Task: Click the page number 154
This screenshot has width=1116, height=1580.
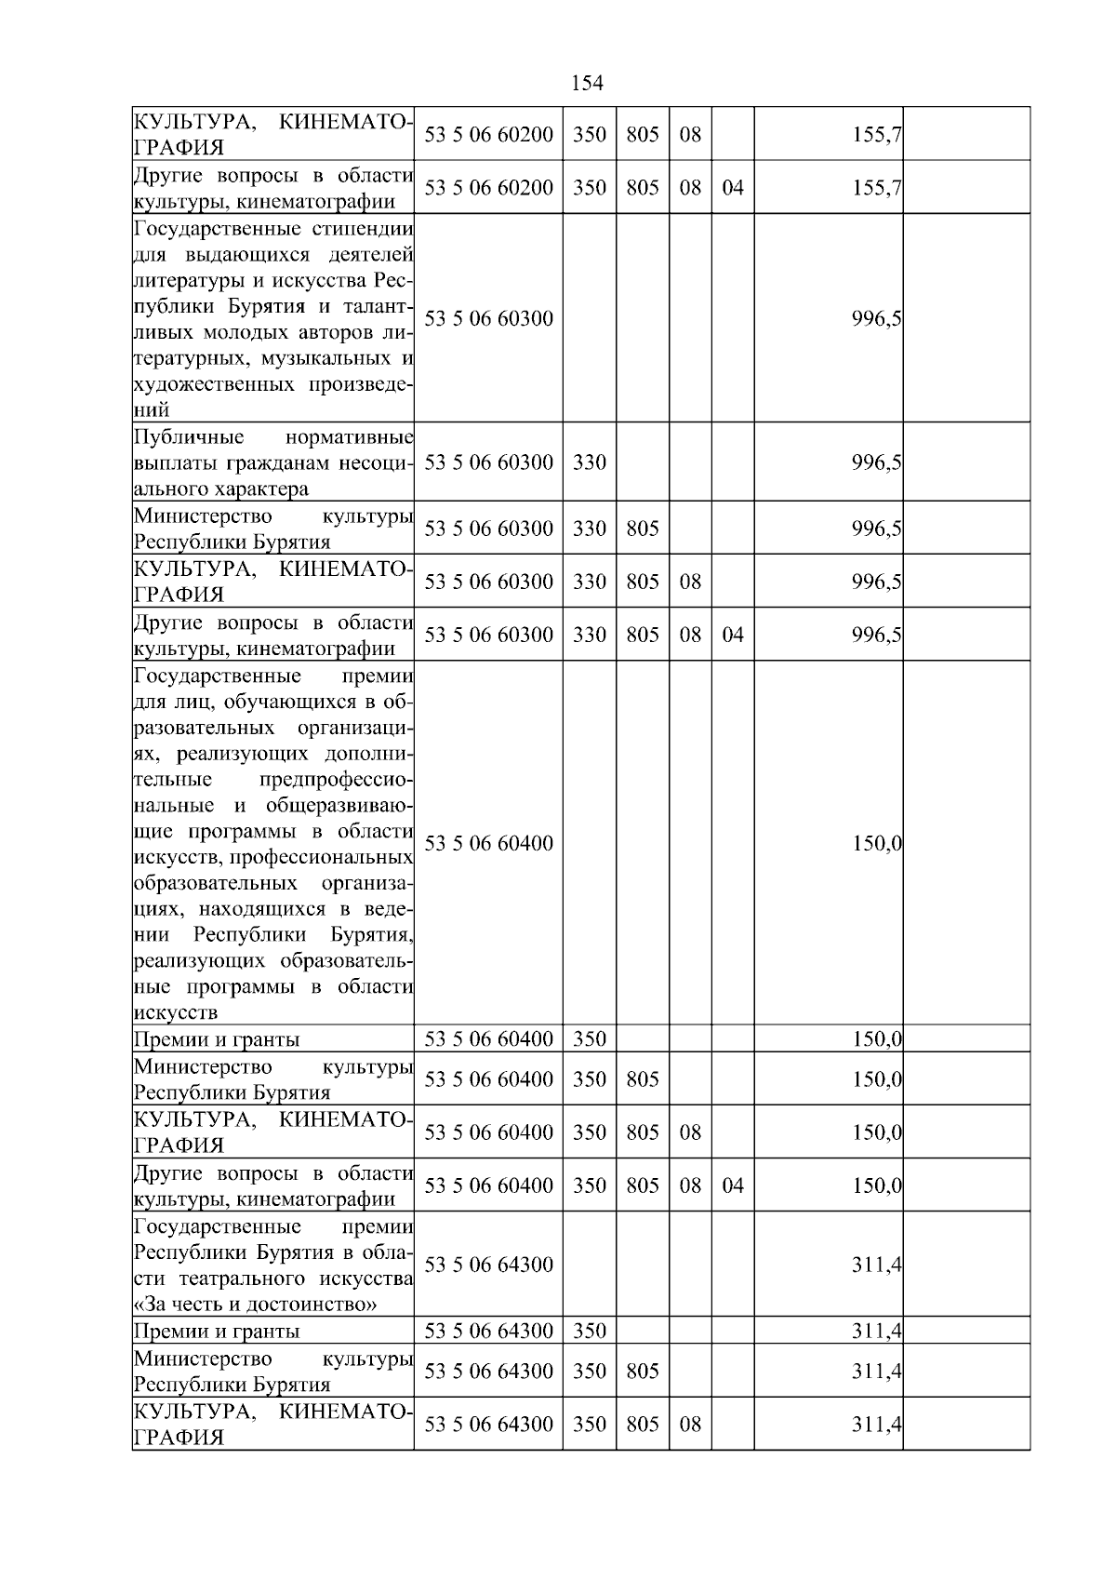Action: point(586,84)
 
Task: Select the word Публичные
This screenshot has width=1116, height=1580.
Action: point(189,437)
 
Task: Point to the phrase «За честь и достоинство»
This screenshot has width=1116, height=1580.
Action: point(256,1304)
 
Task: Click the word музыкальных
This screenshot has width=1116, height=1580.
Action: point(319,358)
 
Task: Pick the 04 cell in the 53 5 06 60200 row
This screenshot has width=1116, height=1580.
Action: point(733,188)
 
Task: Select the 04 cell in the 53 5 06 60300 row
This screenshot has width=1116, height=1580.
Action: point(733,635)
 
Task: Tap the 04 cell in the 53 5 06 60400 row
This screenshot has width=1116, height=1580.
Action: point(733,1185)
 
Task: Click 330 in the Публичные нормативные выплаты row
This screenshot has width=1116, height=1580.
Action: point(589,462)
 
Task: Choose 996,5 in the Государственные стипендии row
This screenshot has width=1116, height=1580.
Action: point(876,319)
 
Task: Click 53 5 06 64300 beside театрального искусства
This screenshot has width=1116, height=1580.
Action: point(488,1265)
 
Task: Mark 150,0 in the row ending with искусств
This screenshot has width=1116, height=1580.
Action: point(876,844)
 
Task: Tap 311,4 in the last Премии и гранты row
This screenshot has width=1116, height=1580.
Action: point(876,1332)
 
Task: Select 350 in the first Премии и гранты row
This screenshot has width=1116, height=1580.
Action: point(589,1039)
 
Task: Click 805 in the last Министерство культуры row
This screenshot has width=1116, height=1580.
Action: point(642,1372)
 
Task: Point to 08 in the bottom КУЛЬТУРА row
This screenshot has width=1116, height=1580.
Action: point(689,1425)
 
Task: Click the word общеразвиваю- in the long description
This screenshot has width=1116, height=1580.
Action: point(339,805)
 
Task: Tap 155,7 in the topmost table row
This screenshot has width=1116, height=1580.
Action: point(876,135)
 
